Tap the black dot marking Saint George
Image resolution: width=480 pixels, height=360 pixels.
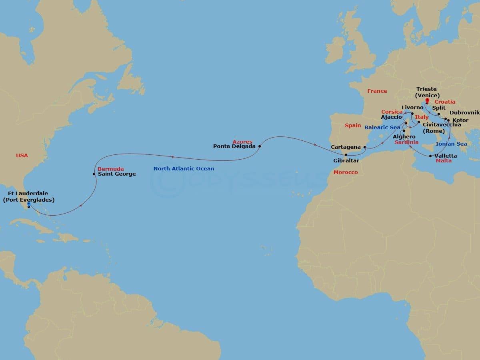coord(94,174)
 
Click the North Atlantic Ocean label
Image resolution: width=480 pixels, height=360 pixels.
coord(184,169)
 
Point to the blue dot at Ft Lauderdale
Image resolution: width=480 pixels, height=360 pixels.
coord(28,204)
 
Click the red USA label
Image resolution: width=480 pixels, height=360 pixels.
coord(22,155)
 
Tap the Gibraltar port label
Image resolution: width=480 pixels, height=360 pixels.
coord(346,160)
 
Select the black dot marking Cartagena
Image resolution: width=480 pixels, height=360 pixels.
coord(365,147)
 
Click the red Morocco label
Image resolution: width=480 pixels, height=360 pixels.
coord(346,172)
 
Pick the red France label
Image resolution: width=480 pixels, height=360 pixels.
coord(377,91)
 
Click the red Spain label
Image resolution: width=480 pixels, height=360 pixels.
coord(353,125)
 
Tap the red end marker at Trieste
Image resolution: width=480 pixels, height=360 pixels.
coord(427,100)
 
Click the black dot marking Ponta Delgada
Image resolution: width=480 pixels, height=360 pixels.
coord(259,146)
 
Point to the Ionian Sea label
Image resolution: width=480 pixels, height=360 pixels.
coord(451,144)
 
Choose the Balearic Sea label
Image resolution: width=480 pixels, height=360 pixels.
coord(382,128)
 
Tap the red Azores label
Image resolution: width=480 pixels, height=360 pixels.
coord(242,142)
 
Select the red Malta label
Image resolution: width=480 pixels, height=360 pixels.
coord(444,161)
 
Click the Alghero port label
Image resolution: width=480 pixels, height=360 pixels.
coord(404,137)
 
